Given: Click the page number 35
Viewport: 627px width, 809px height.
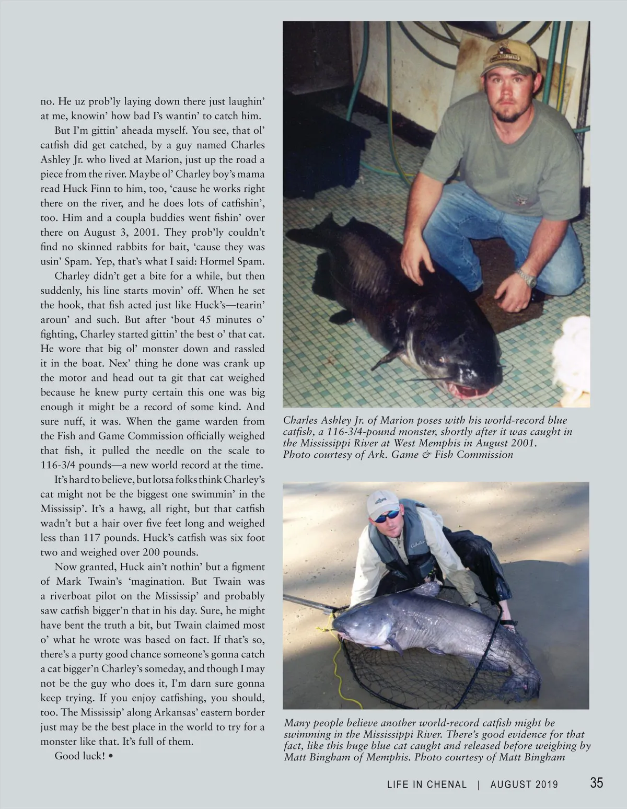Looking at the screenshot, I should [596, 782].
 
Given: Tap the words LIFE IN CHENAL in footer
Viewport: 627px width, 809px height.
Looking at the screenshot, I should [426, 784].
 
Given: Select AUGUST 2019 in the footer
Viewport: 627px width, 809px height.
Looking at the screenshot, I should [524, 784].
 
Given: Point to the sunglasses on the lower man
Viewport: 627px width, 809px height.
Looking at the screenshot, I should [387, 517].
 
